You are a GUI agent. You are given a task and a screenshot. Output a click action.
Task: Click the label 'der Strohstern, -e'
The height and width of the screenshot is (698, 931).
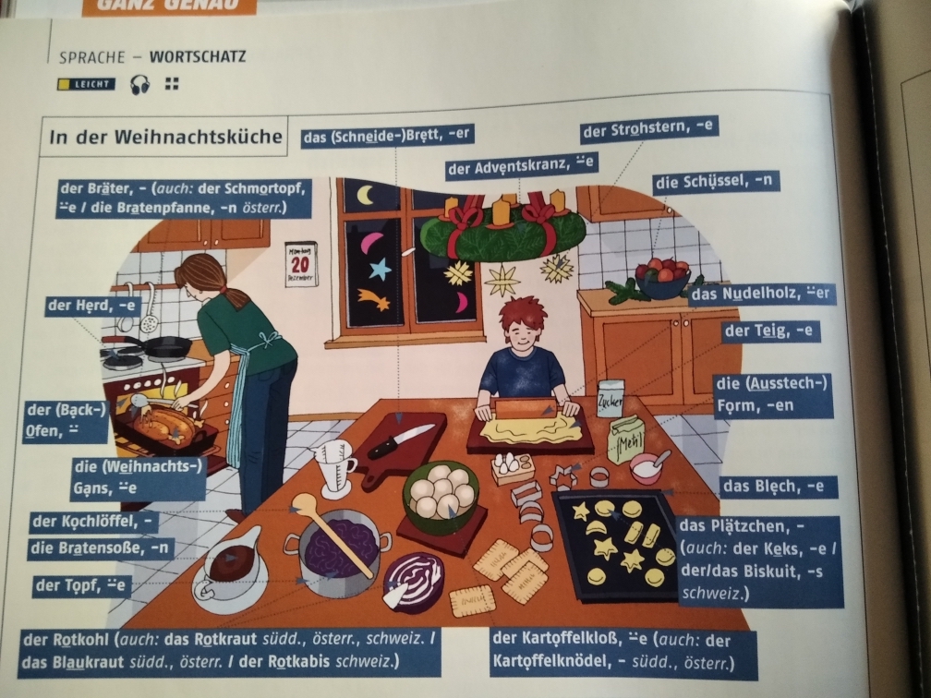pos(649,129)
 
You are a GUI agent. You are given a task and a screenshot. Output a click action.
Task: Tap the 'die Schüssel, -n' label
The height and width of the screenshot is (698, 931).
pos(715,182)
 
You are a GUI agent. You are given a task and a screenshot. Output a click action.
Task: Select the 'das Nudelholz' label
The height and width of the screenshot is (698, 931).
pos(762,294)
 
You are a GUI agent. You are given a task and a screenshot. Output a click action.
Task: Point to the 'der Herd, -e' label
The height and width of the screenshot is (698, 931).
pos(92,307)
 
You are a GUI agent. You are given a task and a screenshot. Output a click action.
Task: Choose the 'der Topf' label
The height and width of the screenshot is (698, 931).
pos(80,585)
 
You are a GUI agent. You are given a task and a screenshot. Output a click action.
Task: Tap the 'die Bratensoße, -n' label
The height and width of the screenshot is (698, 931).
pos(100,548)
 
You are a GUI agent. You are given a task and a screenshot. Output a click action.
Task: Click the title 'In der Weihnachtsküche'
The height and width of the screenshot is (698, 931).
pos(165,137)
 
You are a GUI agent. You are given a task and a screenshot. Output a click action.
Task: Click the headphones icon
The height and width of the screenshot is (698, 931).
pos(139,85)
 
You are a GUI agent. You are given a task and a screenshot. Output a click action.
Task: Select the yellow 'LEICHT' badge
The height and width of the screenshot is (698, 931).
pos(87,84)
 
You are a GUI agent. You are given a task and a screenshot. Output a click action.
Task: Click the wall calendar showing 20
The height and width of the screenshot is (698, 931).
pos(300,263)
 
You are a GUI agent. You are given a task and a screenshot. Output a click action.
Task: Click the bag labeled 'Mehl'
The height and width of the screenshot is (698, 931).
pos(626,439)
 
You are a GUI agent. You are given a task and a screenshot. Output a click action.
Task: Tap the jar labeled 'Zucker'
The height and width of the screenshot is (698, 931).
pos(611,398)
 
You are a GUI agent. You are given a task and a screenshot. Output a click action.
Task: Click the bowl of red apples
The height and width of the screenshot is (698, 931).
pos(662,277)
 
